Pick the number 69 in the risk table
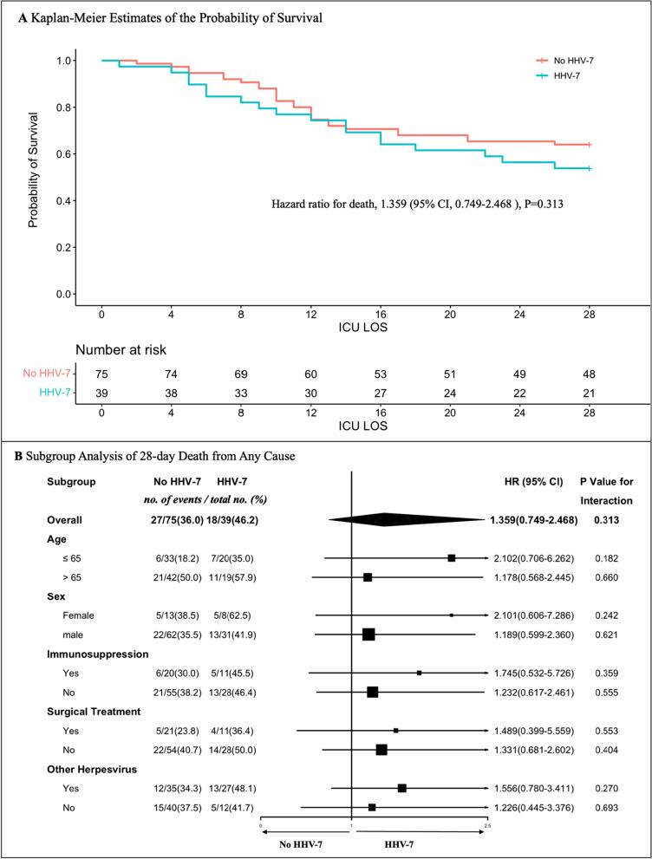coord(241,374)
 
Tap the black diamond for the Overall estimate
coord(407,517)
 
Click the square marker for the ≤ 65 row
coord(451,558)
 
